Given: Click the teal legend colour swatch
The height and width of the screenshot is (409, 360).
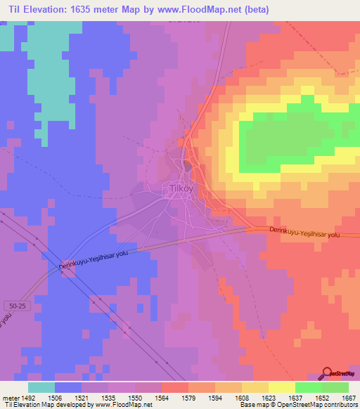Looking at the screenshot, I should pos(41,387).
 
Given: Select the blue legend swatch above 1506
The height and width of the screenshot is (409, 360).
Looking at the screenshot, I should pos(68,387).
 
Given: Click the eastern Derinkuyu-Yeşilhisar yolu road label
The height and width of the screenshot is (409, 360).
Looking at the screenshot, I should pos(304,232).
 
